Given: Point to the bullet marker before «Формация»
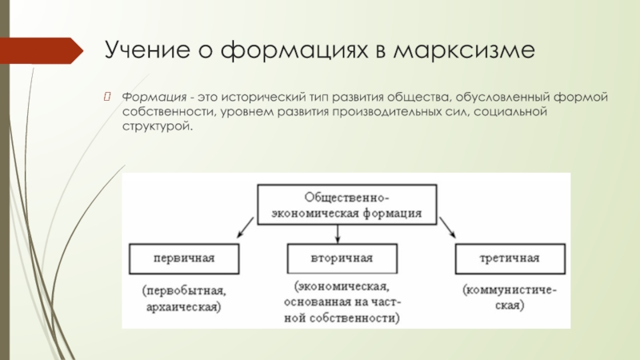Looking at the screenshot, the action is (x=111, y=96).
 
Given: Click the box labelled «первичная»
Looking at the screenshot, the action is (x=185, y=258).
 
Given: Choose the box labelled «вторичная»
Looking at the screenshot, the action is (x=342, y=258).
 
